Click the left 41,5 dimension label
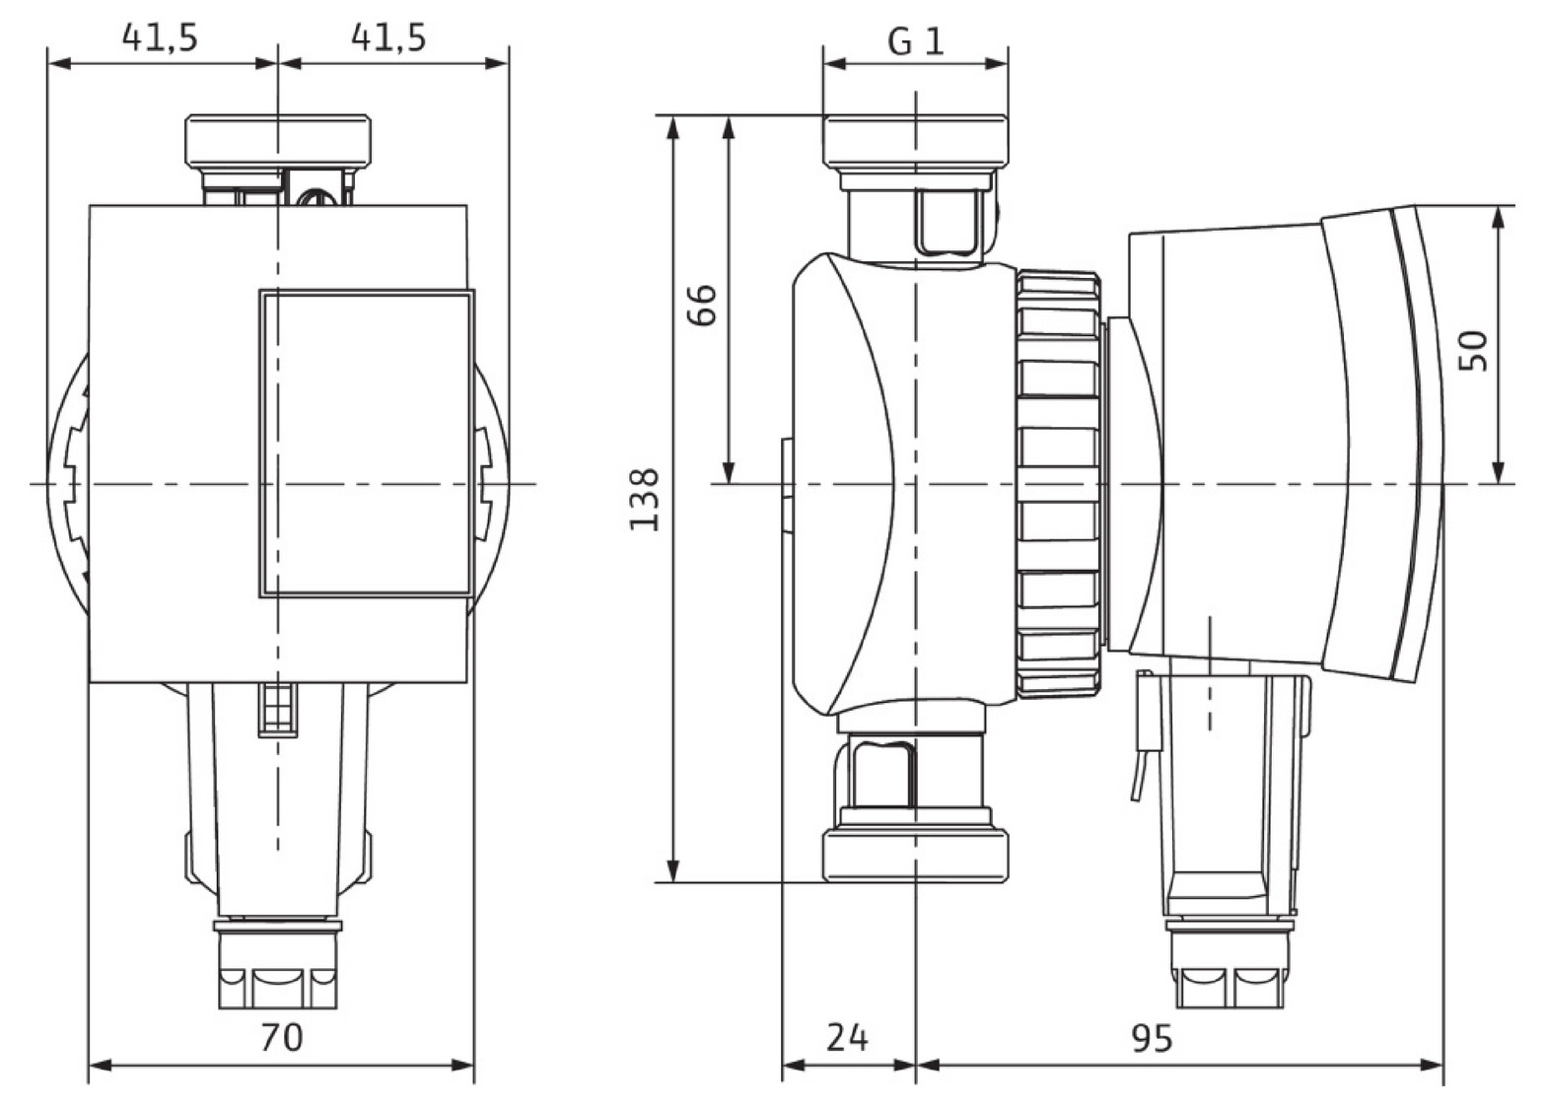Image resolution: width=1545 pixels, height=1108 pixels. click(160, 37)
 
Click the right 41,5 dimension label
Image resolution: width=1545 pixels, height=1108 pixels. click(388, 37)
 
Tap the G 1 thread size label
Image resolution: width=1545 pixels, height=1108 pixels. click(915, 40)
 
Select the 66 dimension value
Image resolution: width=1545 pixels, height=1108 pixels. click(701, 305)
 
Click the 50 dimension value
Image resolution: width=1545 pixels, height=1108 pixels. click(1472, 350)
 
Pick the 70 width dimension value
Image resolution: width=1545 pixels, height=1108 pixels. click(281, 1036)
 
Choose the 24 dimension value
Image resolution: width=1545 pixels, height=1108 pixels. click(847, 1036)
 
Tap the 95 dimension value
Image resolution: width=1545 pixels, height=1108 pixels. click(1151, 1036)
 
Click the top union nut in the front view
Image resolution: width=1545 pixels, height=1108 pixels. click(279, 140)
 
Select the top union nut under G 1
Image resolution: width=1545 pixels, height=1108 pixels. click(916, 140)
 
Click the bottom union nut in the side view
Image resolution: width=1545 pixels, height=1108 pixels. click(916, 854)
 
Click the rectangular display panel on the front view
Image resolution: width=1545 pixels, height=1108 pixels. click(366, 443)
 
